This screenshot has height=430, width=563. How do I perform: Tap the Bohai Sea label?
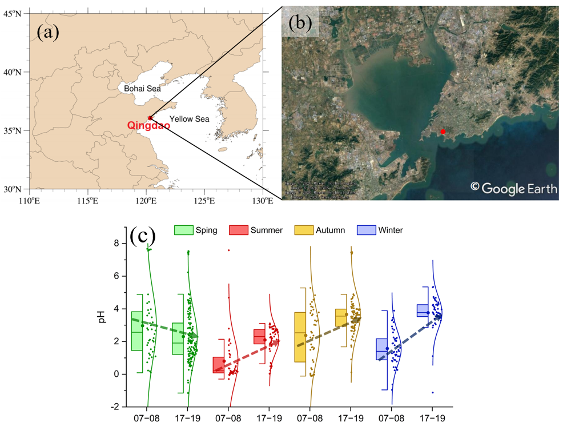[143, 89]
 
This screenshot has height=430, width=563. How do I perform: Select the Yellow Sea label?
[190, 119]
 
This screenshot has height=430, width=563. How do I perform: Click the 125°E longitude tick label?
[204, 201]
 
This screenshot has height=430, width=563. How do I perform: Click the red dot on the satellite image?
[443, 132]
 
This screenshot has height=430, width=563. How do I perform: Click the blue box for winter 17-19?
[423, 310]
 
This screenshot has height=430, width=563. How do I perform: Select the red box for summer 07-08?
[218, 365]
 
